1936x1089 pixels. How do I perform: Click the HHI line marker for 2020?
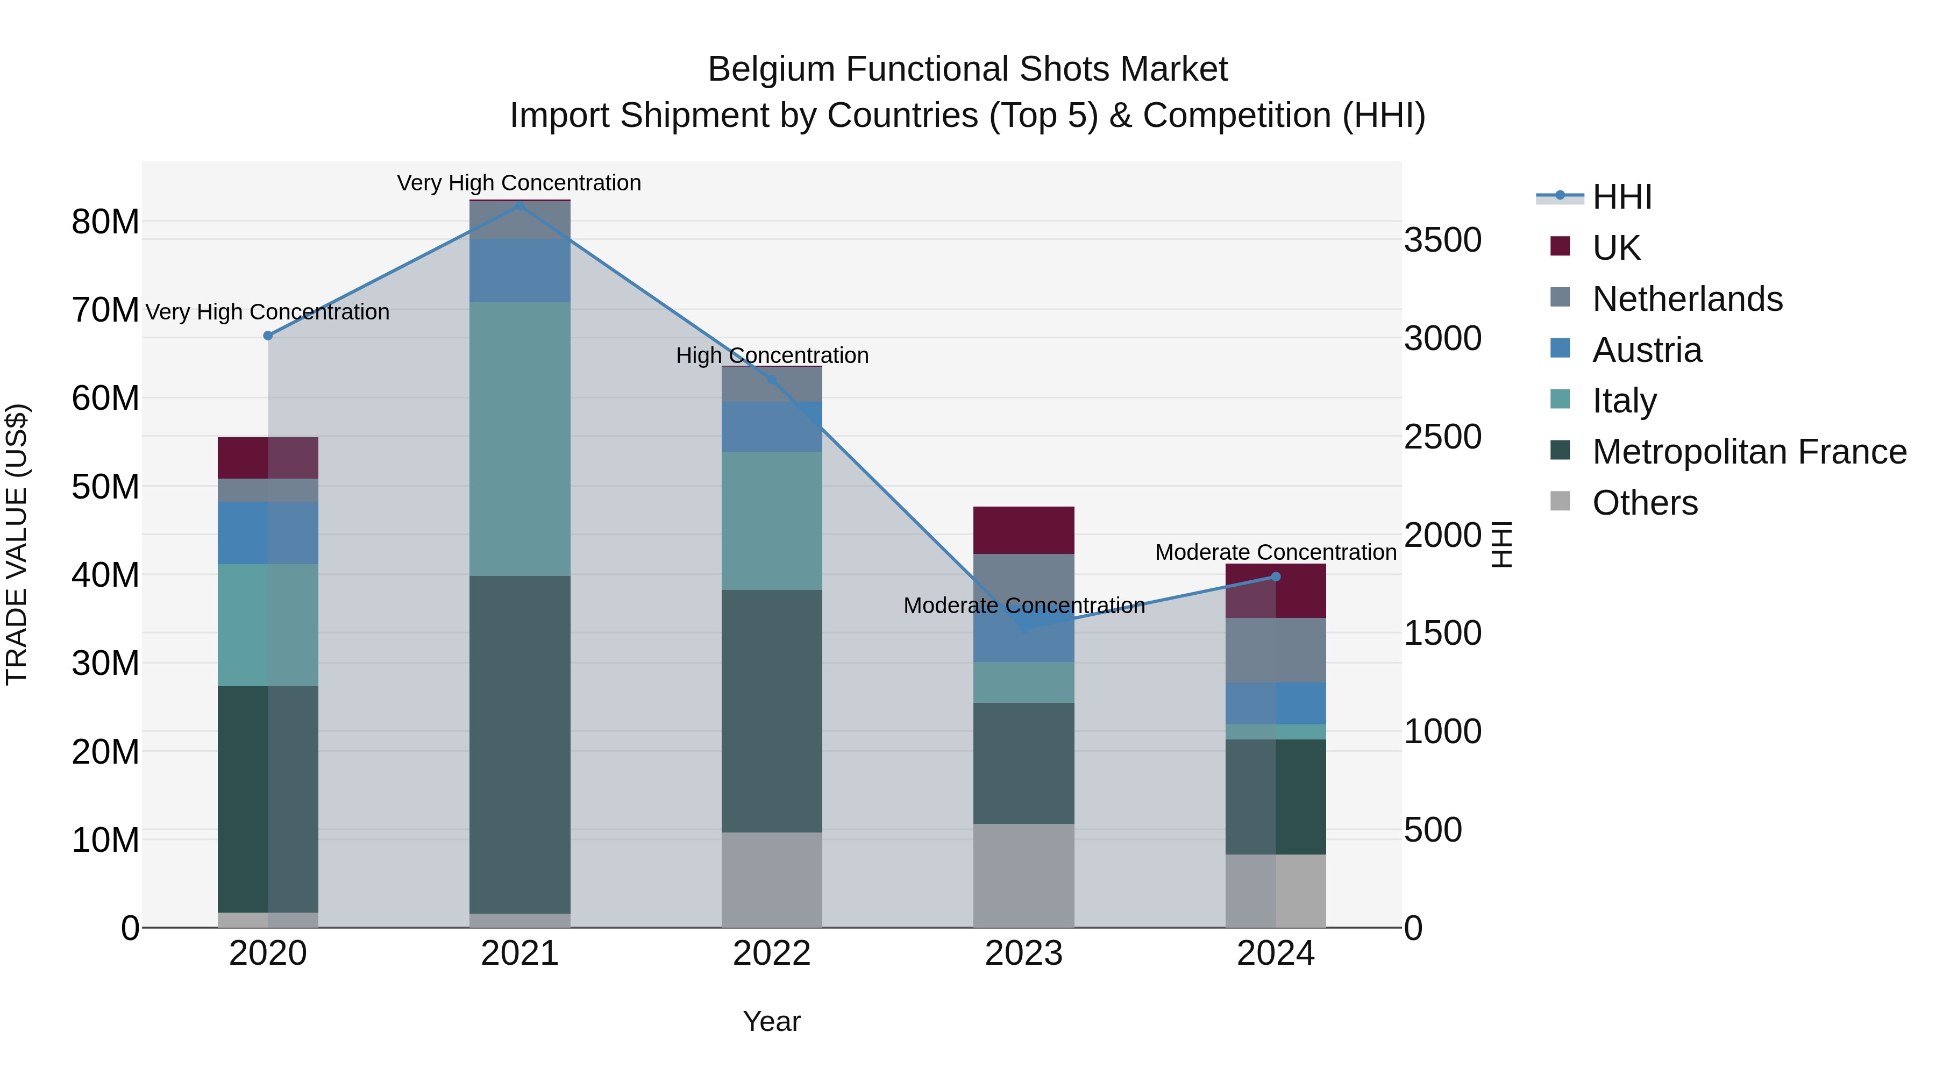pos(268,335)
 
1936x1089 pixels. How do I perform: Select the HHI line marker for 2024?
pos(1276,576)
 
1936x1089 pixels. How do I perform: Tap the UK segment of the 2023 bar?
pos(1023,530)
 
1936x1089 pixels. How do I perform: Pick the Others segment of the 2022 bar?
pos(772,879)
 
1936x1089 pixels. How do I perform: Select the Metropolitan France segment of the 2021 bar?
pos(519,744)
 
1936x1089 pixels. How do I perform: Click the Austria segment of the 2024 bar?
pos(1276,703)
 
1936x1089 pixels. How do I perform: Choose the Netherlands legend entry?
pos(1686,298)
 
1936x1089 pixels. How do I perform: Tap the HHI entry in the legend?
pos(1621,197)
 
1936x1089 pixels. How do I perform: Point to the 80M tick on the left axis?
pos(105,222)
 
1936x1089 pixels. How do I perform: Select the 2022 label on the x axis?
pos(772,953)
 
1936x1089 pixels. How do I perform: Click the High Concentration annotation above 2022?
pos(772,355)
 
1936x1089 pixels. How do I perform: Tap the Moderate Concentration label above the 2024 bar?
pos(1276,552)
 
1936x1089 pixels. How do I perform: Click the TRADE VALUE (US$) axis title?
pos(17,544)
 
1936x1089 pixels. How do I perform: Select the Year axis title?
pos(772,1021)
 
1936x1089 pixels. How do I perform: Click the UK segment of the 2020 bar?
pos(268,458)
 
